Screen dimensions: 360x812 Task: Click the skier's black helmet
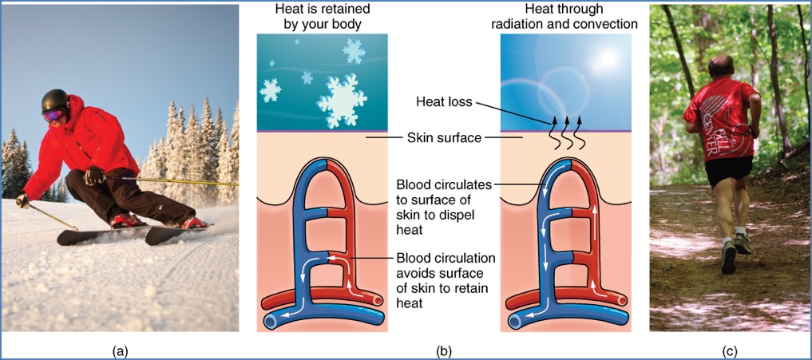pyautogui.click(x=56, y=101)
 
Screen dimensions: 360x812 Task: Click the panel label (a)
pyautogui.click(x=121, y=350)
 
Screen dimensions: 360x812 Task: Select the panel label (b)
pyautogui.click(x=445, y=350)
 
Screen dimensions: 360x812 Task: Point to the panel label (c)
pyautogui.click(x=729, y=350)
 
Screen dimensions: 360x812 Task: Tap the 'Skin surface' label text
pyautogui.click(x=443, y=137)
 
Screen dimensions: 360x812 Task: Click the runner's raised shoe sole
pyautogui.click(x=728, y=259)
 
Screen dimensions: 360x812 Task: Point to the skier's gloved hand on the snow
pyautogui.click(x=23, y=201)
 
